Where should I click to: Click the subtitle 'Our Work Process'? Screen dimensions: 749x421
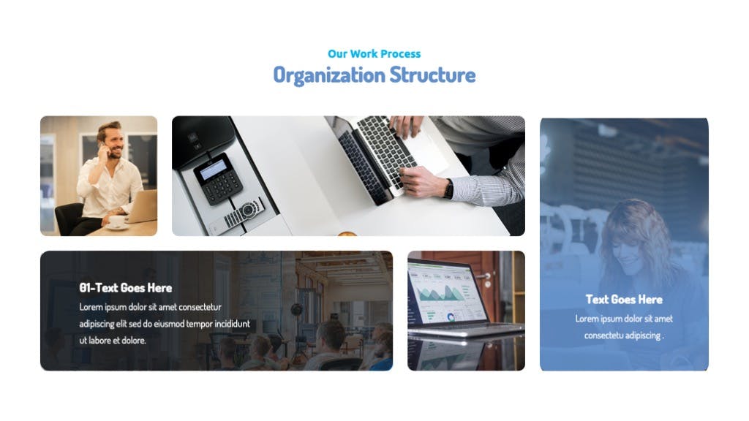pos(374,54)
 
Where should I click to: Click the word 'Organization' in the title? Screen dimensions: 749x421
pos(329,75)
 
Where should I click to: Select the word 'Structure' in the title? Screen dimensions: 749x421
pos(432,75)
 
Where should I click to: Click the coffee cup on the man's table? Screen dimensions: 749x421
pos(116,221)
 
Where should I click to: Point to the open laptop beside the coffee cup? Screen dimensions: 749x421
pos(142,206)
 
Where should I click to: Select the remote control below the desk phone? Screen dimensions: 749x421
pos(238,216)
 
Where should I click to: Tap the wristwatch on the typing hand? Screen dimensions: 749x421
pos(448,189)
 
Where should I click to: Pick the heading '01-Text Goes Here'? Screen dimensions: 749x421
pos(126,288)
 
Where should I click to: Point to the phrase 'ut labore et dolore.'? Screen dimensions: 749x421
pos(113,341)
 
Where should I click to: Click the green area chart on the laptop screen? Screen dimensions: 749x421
pos(439,292)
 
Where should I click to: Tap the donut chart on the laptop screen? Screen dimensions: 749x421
pos(451,317)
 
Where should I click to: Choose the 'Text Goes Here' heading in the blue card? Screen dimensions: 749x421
pos(624,299)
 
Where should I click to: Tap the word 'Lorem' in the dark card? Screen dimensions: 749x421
pos(91,307)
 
